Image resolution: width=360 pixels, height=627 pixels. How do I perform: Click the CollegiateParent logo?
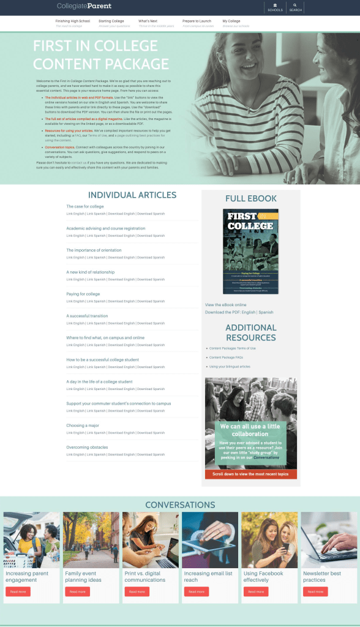84,6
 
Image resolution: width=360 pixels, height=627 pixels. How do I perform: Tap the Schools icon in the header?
275,7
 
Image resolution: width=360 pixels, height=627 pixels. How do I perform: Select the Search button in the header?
295,7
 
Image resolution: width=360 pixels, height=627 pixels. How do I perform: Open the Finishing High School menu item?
72,21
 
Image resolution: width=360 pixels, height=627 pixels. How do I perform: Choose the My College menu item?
231,21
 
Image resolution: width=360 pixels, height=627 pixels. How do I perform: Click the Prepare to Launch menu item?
197,21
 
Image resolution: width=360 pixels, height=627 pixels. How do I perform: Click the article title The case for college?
85,206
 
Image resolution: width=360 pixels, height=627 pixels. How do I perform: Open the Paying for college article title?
83,294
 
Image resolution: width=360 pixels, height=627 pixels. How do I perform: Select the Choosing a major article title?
82,426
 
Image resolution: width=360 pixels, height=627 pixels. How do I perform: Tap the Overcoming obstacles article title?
87,447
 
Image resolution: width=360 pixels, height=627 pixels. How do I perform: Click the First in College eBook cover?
250,251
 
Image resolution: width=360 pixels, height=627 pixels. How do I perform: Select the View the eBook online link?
226,304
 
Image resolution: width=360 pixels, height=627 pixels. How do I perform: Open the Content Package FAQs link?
226,357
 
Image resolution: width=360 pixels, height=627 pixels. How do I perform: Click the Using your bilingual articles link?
230,366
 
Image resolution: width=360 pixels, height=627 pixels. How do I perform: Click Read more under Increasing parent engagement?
18,591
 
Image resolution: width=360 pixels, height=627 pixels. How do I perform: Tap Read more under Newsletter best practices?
315,591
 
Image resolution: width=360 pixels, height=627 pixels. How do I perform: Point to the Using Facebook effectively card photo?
270,540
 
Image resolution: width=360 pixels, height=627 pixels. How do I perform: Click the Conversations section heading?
180,505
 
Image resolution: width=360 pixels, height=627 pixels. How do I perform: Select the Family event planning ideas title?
83,577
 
